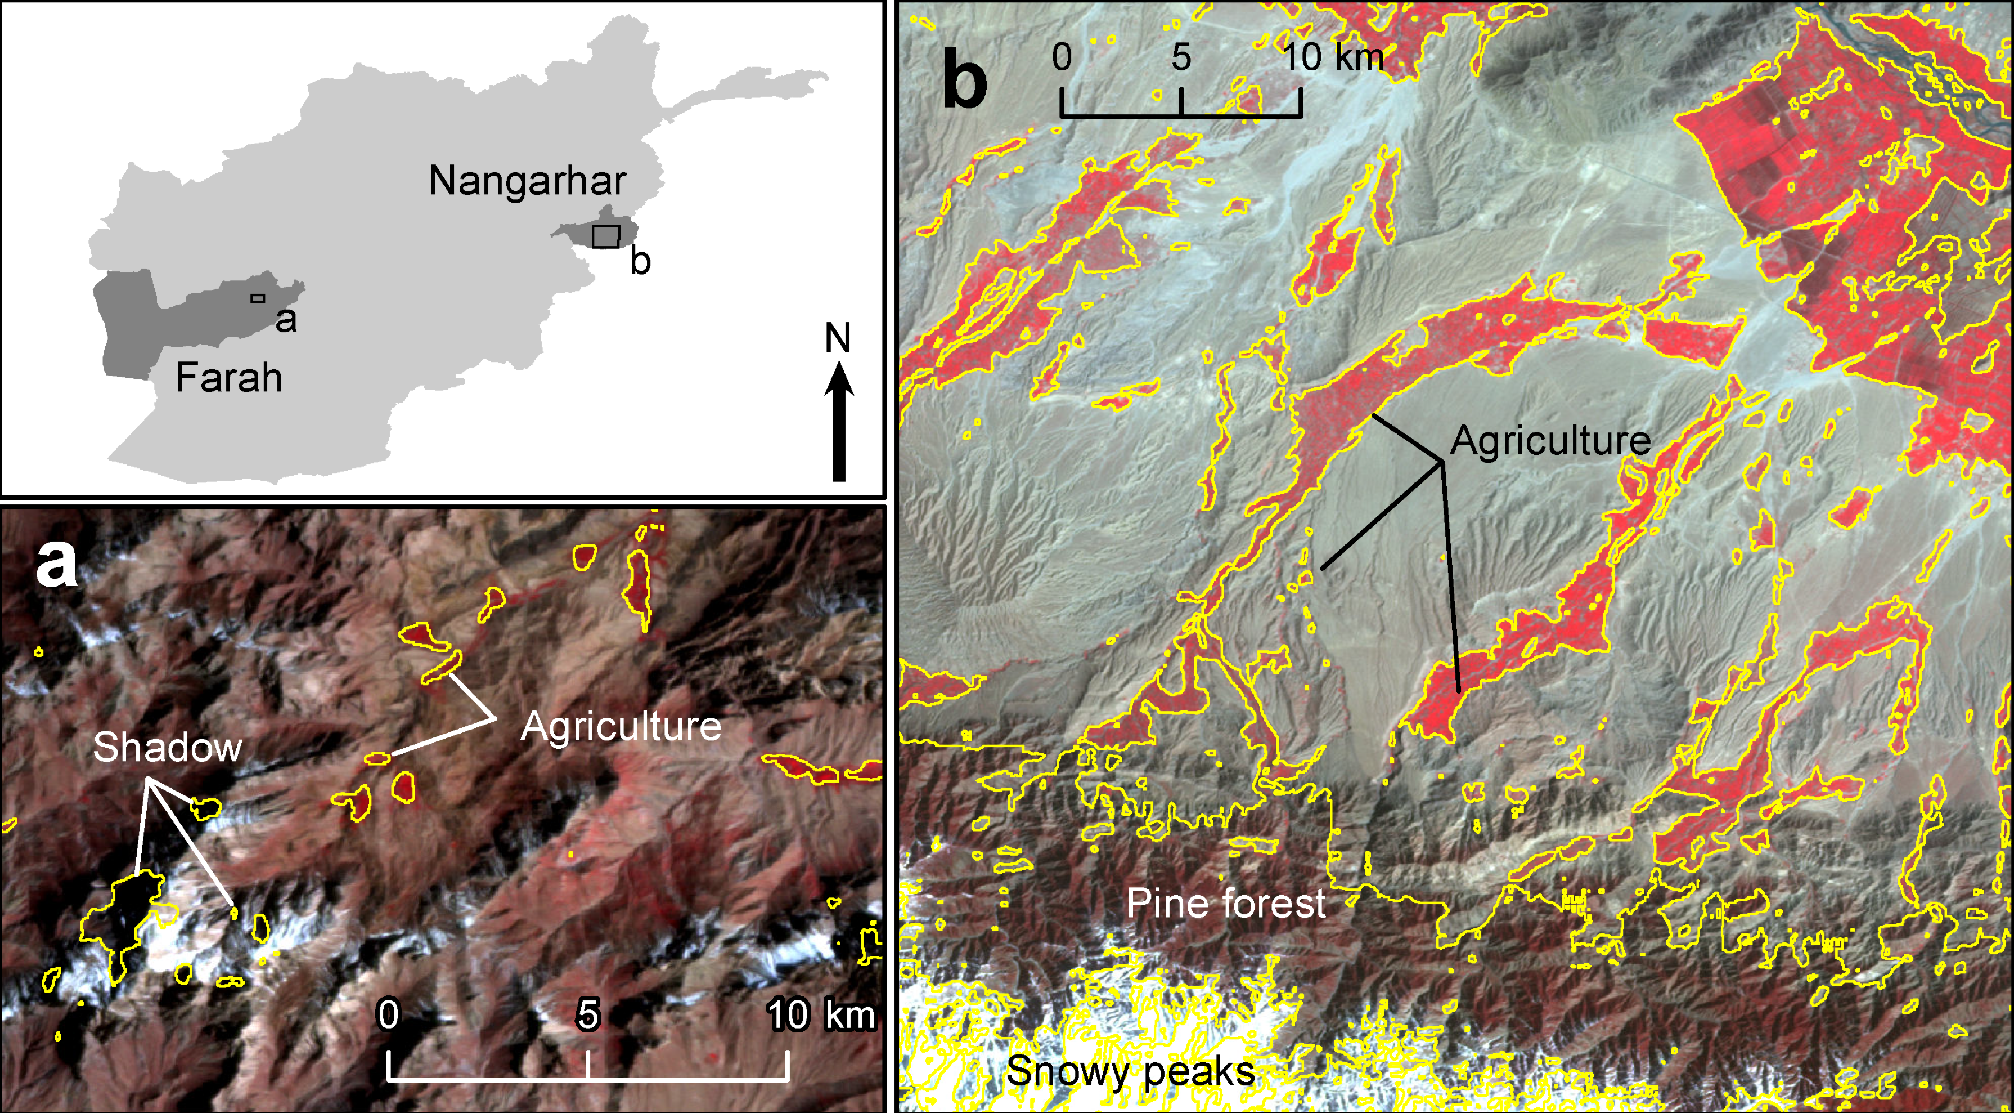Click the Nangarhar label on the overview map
tap(527, 181)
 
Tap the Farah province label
tap(228, 378)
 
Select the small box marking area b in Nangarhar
tap(605, 236)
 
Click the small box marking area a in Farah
tap(258, 298)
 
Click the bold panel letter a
tap(56, 564)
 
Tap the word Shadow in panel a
tap(167, 747)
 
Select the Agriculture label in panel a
tap(620, 727)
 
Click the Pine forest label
tap(1225, 904)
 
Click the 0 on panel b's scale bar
tap(1062, 57)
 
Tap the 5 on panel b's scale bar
tap(1181, 57)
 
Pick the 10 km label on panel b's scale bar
tap(1332, 57)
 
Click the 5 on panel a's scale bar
tap(587, 1014)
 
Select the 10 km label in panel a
tap(821, 1015)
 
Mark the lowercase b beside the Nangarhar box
tap(640, 261)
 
